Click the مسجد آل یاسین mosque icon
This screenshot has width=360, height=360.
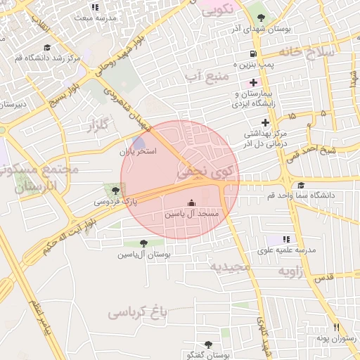[x=193, y=202]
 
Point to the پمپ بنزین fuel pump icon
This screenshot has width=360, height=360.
[x=252, y=54]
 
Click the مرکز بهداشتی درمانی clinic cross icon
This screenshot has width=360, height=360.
[x=266, y=122]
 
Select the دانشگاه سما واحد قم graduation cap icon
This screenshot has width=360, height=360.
[x=300, y=186]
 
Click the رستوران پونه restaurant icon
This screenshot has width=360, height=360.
[x=336, y=328]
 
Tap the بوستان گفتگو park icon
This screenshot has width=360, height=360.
[x=208, y=345]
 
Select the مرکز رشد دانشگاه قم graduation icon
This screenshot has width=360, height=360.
[x=47, y=46]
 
